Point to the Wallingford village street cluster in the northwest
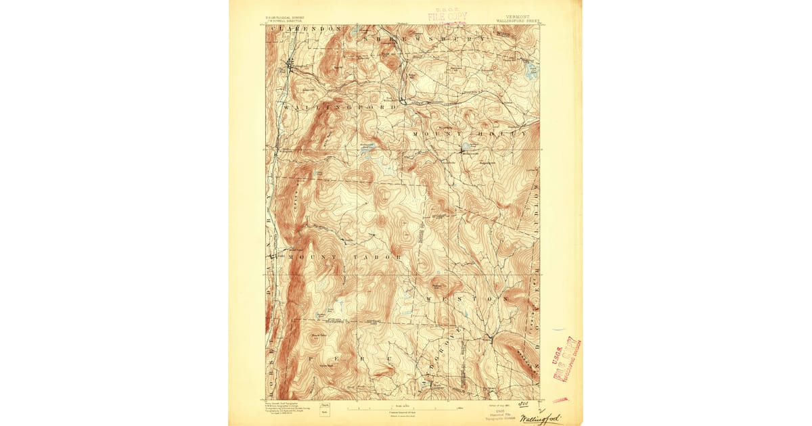click(x=291, y=66)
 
